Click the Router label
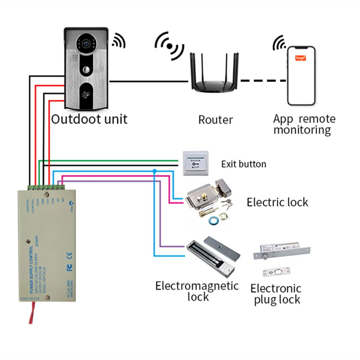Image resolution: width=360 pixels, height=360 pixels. (215, 120)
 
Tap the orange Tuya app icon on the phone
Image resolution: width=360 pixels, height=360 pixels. (301, 58)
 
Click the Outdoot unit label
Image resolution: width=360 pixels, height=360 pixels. (89, 119)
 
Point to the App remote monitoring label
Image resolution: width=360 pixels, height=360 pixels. (304, 124)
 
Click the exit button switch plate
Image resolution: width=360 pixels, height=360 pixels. (195, 163)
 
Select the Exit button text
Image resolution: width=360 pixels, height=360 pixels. (244, 165)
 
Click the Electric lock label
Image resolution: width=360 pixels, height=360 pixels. (277, 202)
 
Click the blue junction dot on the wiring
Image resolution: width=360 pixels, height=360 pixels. (154, 170)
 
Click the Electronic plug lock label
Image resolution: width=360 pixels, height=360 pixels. (276, 294)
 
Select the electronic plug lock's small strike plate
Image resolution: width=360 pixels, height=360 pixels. (276, 273)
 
